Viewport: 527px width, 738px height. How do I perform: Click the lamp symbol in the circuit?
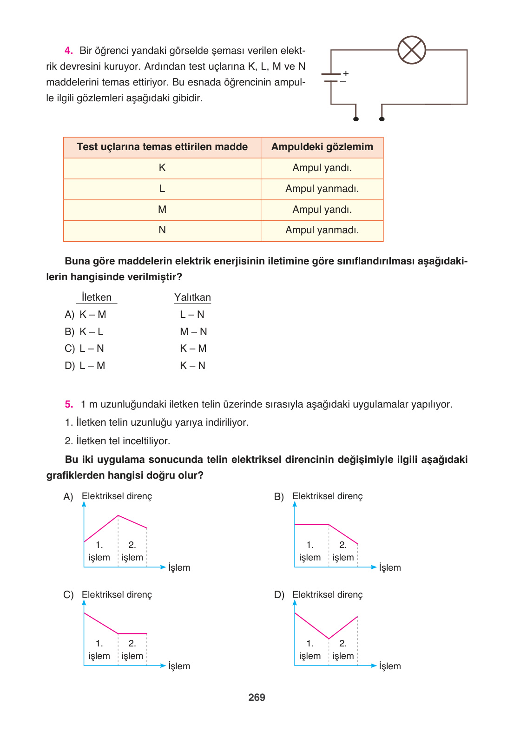(x=412, y=50)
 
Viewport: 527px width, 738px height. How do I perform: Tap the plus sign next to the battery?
(x=346, y=73)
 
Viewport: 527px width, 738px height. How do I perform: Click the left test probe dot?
(x=356, y=119)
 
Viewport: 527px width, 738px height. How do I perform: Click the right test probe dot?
(x=382, y=119)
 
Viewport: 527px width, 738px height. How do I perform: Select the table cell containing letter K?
(x=162, y=168)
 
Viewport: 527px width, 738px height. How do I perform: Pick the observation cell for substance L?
(x=322, y=189)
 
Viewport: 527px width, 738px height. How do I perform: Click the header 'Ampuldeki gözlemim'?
(x=322, y=147)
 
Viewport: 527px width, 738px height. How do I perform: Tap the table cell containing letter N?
(x=162, y=230)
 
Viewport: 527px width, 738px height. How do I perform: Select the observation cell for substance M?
(x=322, y=210)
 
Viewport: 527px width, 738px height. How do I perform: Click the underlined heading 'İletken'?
(x=96, y=297)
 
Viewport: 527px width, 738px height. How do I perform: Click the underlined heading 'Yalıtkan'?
(x=192, y=297)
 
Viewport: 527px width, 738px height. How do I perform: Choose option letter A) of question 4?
(x=69, y=315)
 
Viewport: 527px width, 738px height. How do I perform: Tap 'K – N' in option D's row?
(x=192, y=366)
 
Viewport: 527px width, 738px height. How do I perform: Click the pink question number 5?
(x=69, y=404)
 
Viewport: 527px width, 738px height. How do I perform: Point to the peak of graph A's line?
(x=118, y=515)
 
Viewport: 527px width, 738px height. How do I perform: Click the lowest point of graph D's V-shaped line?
(x=329, y=639)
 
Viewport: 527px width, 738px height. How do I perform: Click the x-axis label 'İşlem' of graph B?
(x=389, y=567)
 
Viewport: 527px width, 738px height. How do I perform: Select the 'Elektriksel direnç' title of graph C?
(x=117, y=595)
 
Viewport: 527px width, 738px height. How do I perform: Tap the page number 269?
(x=257, y=697)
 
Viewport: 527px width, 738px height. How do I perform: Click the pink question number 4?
(x=69, y=51)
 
